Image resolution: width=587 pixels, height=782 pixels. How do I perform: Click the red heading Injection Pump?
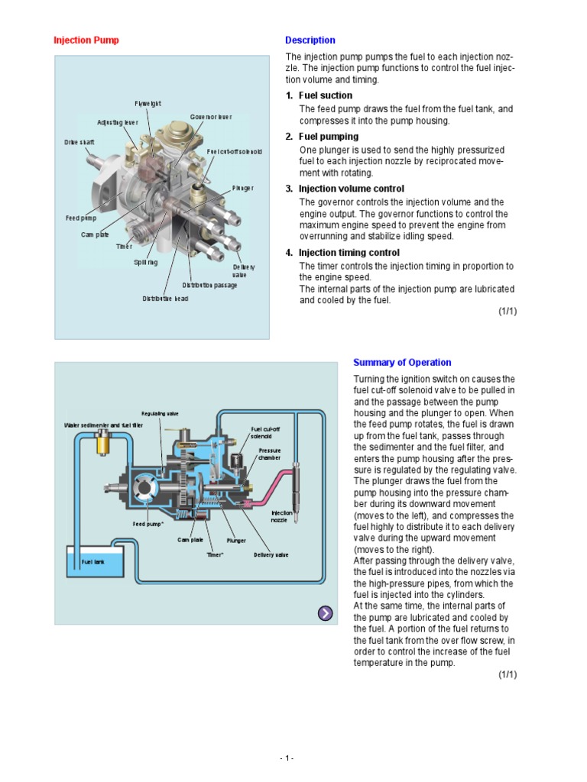[86, 40]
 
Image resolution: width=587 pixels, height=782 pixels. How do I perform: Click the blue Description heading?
[310, 40]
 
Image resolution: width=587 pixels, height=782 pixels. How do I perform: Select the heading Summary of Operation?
[401, 363]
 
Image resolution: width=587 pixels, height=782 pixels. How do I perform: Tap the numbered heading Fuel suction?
[325, 95]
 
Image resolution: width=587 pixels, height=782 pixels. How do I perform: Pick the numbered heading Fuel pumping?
[328, 137]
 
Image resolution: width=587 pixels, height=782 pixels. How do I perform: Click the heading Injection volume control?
[351, 189]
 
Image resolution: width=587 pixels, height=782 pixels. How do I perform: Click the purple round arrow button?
[325, 612]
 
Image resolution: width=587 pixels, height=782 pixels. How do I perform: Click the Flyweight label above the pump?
[148, 103]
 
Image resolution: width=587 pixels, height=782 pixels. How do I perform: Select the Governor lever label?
[210, 117]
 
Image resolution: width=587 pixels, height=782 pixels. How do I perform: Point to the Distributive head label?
[164, 299]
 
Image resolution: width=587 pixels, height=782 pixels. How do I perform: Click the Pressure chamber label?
[269, 454]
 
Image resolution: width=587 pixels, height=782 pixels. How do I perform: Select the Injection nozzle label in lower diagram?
[282, 516]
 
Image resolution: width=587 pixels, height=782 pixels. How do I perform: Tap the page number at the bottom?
[287, 758]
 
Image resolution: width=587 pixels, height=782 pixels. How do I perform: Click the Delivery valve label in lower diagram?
[271, 555]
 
